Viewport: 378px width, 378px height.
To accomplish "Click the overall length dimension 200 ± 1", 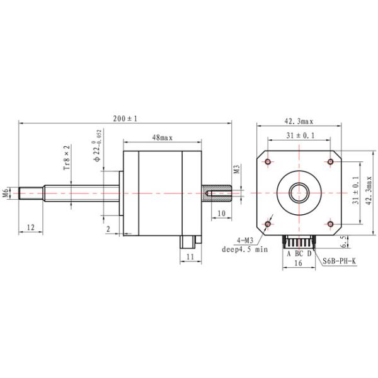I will (125, 118).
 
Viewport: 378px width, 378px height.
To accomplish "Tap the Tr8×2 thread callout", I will (67, 157).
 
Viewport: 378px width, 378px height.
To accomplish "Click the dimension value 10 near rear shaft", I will (220, 214).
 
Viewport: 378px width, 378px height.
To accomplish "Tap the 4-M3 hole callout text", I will (246, 241).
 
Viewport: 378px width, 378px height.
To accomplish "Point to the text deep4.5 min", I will (245, 249).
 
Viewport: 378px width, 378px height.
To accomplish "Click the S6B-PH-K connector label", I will (340, 260).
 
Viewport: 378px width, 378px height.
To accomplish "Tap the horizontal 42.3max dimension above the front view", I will (299, 122).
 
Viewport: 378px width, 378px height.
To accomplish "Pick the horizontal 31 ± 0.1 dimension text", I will (299, 136).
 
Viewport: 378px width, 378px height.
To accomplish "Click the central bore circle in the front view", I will (299, 192).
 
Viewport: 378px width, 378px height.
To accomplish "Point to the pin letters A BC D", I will (299, 253).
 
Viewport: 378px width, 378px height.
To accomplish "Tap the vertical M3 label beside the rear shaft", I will (238, 169).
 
